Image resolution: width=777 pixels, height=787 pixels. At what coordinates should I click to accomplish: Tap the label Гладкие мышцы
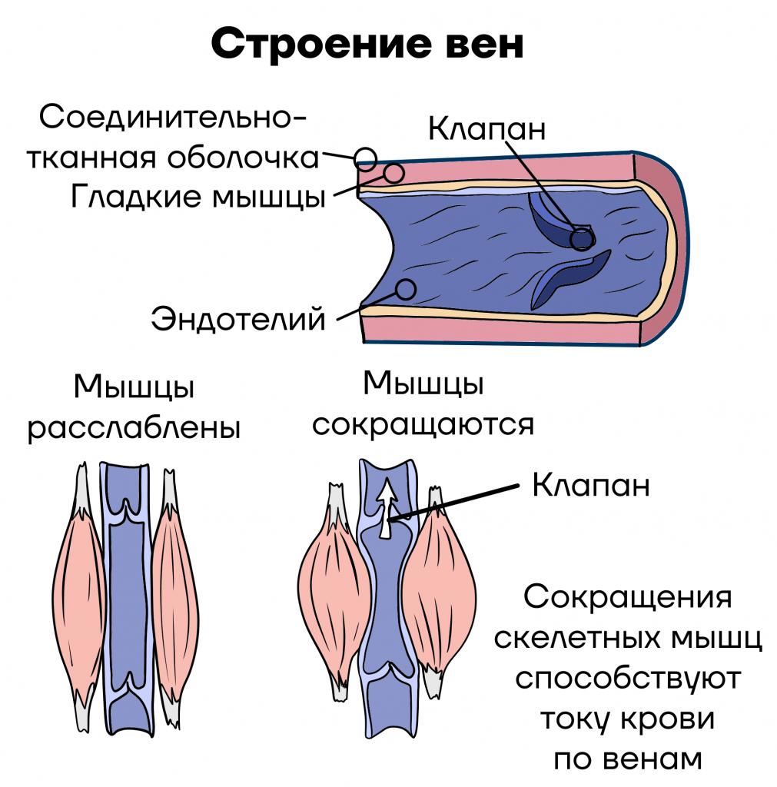pyautogui.click(x=199, y=196)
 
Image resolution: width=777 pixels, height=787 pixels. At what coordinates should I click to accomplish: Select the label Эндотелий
pyautogui.click(x=238, y=319)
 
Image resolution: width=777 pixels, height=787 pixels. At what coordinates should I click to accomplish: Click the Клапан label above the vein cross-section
pyautogui.click(x=486, y=128)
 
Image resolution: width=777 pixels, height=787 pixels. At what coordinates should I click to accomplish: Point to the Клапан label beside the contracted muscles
pyautogui.click(x=591, y=485)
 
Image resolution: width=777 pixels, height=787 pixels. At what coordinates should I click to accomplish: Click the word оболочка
pyautogui.click(x=243, y=158)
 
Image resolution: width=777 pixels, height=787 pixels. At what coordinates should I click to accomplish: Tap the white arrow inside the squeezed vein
pyautogui.click(x=386, y=508)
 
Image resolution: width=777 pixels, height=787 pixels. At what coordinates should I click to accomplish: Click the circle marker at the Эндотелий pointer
pyautogui.click(x=406, y=290)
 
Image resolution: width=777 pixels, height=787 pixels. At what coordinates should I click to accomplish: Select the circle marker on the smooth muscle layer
pyautogui.click(x=393, y=173)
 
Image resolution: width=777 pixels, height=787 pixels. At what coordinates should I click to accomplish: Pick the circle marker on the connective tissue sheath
pyautogui.click(x=365, y=159)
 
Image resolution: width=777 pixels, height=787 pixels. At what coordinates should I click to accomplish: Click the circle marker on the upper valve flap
pyautogui.click(x=582, y=239)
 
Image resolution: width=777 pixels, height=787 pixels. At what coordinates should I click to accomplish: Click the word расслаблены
pyautogui.click(x=134, y=428)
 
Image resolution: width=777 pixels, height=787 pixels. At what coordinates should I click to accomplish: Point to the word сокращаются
pyautogui.click(x=423, y=424)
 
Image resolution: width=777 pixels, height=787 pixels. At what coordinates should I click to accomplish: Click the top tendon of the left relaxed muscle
pyautogui.click(x=81, y=488)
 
